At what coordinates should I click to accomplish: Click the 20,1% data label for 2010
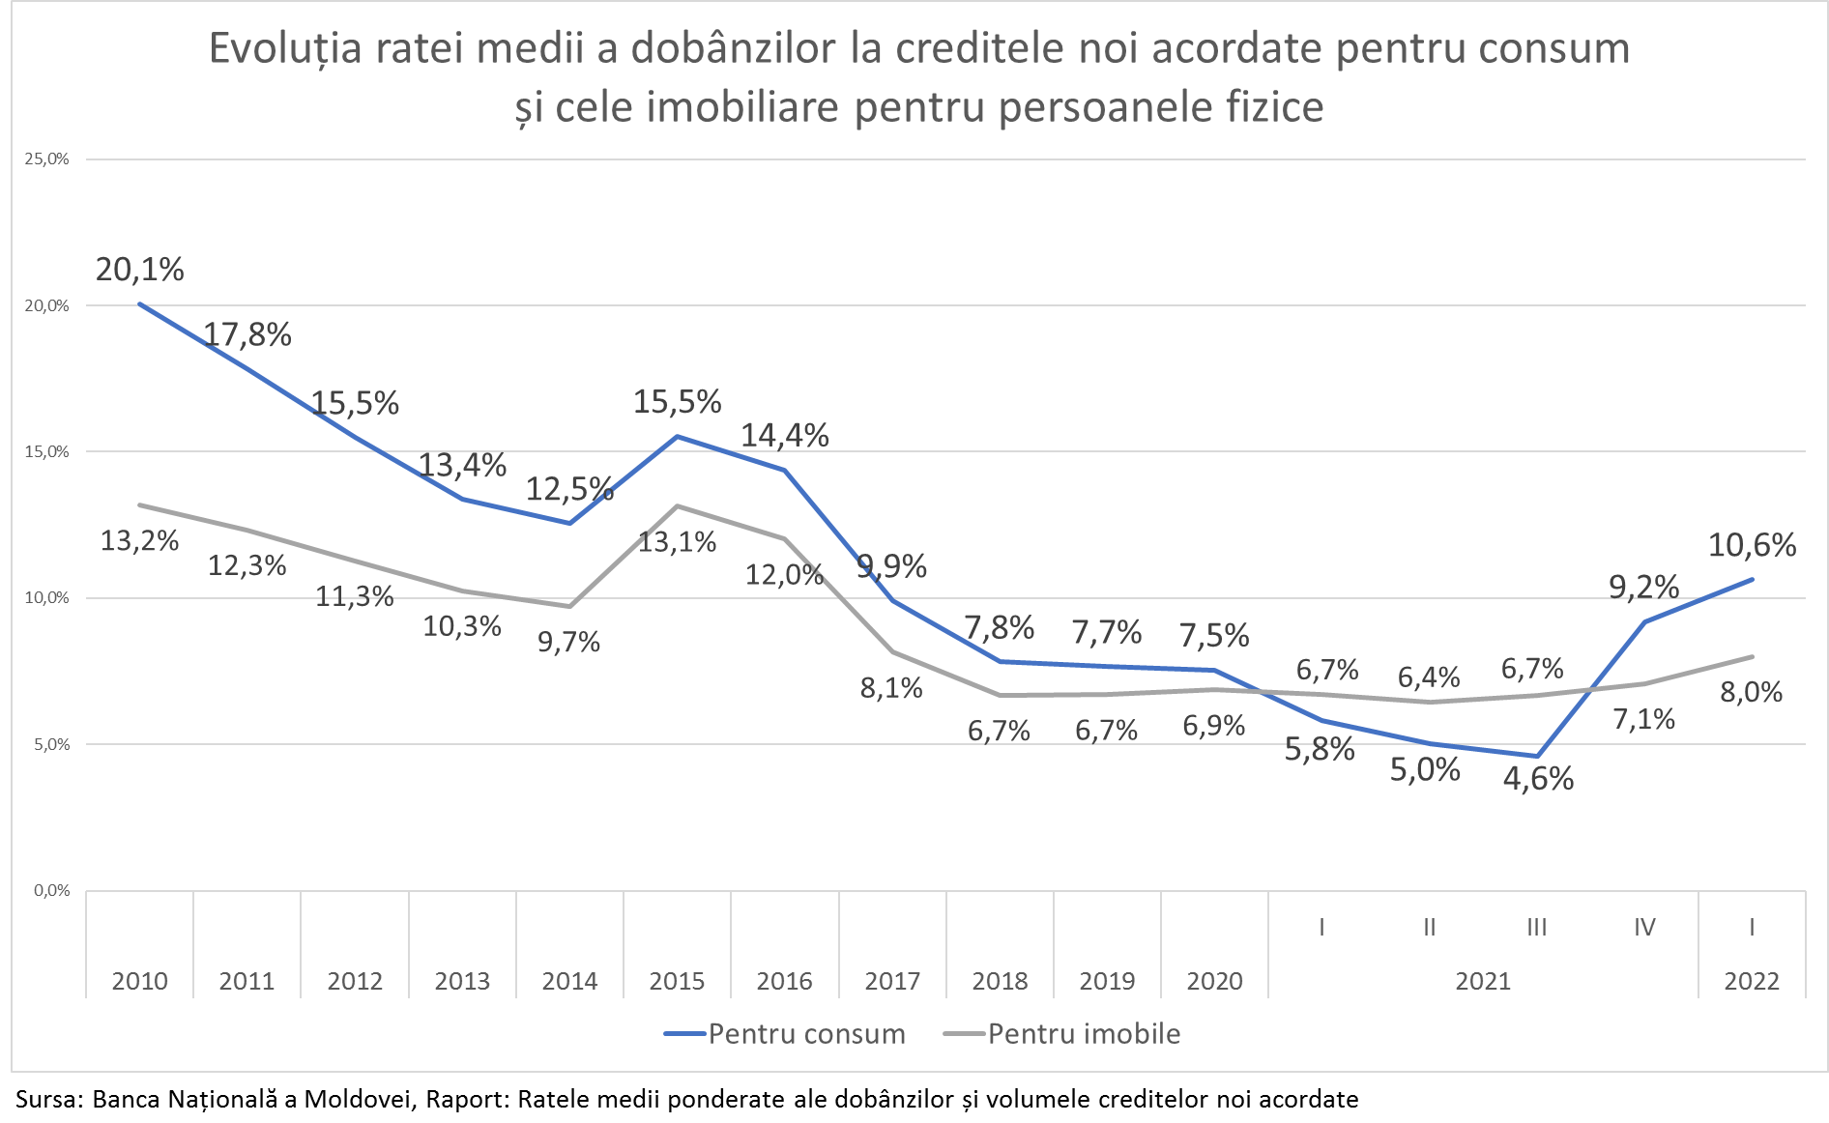point(140,270)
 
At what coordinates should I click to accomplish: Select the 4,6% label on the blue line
point(1538,779)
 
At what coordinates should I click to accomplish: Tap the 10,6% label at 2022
point(1752,546)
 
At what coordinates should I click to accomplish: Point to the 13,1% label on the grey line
point(677,542)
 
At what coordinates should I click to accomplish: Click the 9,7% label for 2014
point(568,642)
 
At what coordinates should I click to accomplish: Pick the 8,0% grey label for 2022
point(1751,692)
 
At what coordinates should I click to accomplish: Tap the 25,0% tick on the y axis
point(46,159)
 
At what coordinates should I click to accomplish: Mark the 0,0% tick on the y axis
point(51,891)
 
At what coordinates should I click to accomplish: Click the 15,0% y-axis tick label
point(46,452)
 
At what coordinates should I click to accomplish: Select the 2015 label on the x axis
point(677,982)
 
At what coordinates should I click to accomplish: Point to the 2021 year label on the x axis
point(1483,982)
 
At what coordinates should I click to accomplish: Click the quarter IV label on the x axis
point(1644,928)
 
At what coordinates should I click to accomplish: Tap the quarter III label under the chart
point(1536,928)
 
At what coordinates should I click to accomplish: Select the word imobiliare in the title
point(741,106)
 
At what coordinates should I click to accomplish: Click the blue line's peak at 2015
point(677,437)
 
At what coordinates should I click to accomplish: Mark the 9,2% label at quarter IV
point(1643,588)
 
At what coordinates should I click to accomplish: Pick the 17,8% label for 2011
point(247,335)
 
